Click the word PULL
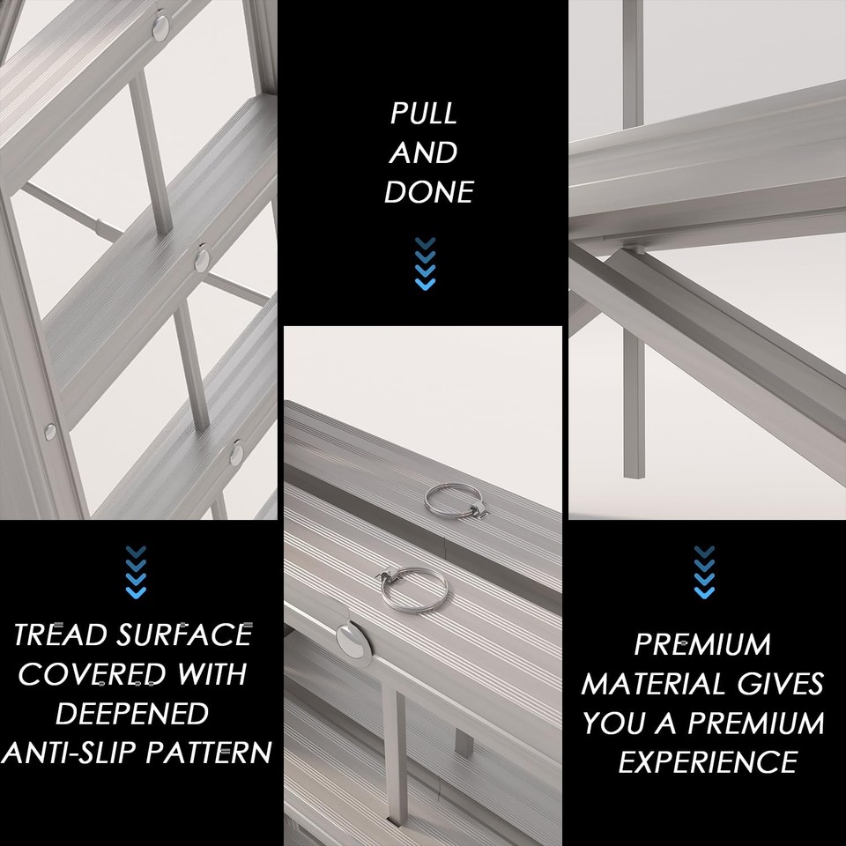(x=424, y=114)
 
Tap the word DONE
(x=429, y=192)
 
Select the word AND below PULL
(x=424, y=153)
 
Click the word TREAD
(x=69, y=634)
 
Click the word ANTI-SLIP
(x=72, y=753)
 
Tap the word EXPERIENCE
(x=708, y=761)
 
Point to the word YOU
(x=612, y=724)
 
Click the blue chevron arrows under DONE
(x=426, y=263)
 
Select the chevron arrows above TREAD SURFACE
(x=136, y=572)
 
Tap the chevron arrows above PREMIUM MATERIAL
(x=703, y=572)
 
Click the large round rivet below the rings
(x=351, y=642)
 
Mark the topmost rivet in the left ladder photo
(x=162, y=26)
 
